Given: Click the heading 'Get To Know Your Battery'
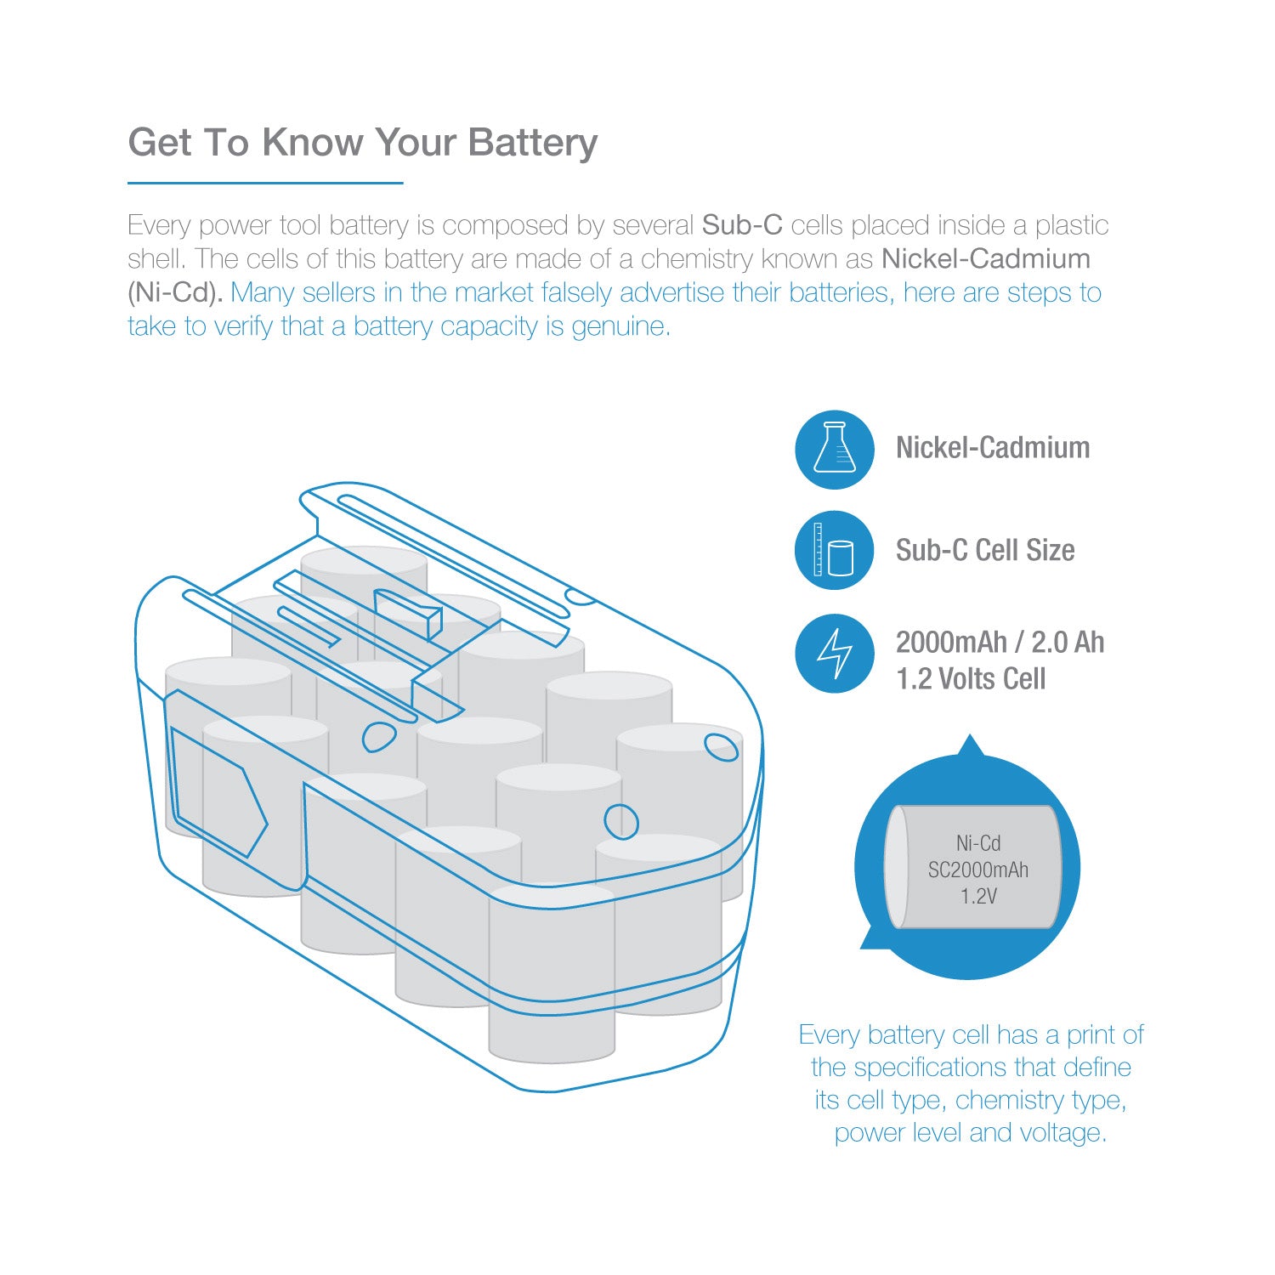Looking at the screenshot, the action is [x=363, y=143].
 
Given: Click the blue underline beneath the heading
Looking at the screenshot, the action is [x=265, y=182].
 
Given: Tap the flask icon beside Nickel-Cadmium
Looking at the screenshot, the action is [x=835, y=449].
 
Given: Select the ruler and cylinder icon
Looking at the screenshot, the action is [x=835, y=550].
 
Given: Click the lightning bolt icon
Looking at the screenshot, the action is [x=835, y=653].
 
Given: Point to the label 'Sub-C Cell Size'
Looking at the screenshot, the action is [x=985, y=551].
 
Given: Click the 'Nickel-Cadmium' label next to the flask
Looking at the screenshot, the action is [x=993, y=448].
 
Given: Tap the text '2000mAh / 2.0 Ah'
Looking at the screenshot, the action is [x=1000, y=643].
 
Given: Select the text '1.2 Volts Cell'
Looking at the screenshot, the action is [x=971, y=679].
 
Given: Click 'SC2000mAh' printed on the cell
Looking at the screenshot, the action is [x=978, y=870].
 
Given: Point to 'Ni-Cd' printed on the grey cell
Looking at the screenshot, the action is [x=978, y=843].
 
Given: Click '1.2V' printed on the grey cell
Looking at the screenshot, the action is [x=978, y=897].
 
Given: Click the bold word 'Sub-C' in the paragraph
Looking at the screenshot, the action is [x=742, y=225].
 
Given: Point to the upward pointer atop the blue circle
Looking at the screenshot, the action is [x=970, y=745].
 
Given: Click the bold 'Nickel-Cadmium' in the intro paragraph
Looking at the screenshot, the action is [x=986, y=258].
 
